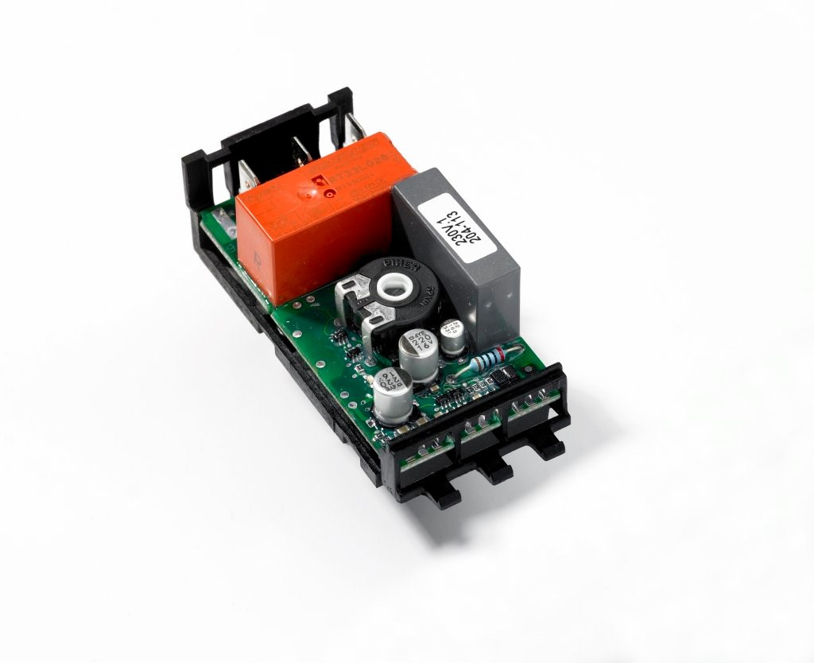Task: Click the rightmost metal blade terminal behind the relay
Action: (x=354, y=127)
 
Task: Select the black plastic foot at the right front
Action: (x=548, y=446)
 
